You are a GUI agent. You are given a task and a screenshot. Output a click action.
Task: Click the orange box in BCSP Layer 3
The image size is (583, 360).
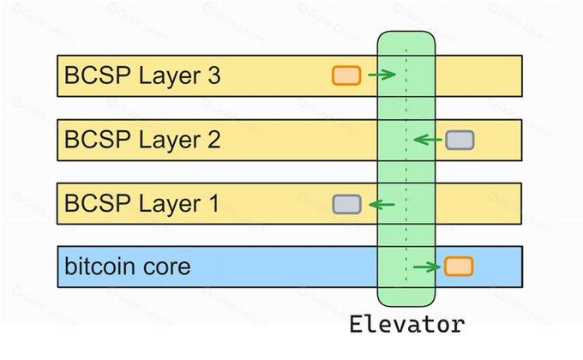(x=346, y=75)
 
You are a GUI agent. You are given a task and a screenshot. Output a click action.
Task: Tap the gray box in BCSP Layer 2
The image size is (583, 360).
(x=460, y=141)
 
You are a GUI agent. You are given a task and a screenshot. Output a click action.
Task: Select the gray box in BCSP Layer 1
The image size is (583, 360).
(x=346, y=204)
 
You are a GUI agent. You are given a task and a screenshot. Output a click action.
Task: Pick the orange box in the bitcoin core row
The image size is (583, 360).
(x=459, y=267)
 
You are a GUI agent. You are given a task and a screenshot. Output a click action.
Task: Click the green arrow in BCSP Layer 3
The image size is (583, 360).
(x=382, y=75)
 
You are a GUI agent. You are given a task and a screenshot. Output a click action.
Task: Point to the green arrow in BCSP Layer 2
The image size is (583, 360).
(x=428, y=140)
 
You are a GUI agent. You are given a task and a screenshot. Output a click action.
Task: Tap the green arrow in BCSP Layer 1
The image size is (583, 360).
(x=382, y=204)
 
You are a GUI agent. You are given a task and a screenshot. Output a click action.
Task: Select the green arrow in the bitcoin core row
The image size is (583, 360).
(x=427, y=267)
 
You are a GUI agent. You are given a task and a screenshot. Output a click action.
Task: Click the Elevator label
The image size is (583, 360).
(x=407, y=324)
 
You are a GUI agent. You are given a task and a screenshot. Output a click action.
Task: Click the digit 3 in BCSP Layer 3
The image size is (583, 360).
(x=213, y=75)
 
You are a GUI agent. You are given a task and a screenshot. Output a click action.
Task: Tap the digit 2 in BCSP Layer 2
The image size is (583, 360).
(x=213, y=140)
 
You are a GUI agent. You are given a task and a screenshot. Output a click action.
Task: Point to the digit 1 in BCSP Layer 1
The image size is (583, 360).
(x=213, y=203)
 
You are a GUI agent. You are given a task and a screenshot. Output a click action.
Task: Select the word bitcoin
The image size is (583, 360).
(x=99, y=267)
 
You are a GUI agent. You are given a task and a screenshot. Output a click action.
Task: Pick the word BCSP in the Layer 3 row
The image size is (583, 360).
(x=98, y=75)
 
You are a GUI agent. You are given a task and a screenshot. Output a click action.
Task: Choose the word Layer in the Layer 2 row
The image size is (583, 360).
(x=170, y=141)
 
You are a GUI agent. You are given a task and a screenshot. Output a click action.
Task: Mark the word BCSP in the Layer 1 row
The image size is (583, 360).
(x=98, y=203)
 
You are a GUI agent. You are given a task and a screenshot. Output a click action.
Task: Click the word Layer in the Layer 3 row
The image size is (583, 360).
(x=170, y=77)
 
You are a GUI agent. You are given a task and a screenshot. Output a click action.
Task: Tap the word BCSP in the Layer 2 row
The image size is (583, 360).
(x=98, y=140)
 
